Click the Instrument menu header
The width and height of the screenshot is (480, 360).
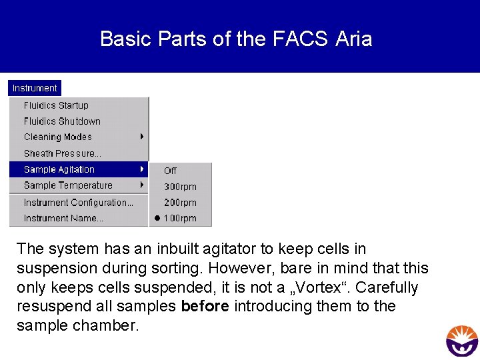(35, 88)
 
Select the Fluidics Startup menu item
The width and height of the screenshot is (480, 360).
(56, 105)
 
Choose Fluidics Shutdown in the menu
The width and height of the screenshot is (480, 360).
(62, 121)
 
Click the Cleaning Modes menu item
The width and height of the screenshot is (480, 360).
(58, 137)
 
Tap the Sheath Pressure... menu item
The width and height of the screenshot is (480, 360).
(63, 153)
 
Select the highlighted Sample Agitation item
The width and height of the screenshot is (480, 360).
(59, 170)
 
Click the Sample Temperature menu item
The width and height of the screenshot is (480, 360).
(68, 185)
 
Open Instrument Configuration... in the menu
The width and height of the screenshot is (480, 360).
(79, 203)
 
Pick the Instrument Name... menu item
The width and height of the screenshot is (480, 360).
(63, 218)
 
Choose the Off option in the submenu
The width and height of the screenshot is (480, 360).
(170, 171)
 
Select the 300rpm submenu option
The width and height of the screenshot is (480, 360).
(180, 187)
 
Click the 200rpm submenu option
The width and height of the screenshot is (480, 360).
(180, 203)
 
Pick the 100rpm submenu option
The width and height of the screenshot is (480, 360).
(180, 218)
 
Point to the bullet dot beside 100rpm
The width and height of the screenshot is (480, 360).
(157, 218)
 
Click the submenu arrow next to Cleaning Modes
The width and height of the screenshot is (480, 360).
(142, 137)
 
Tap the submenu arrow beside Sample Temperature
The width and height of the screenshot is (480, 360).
(142, 185)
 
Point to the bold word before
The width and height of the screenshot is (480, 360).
(205, 307)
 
